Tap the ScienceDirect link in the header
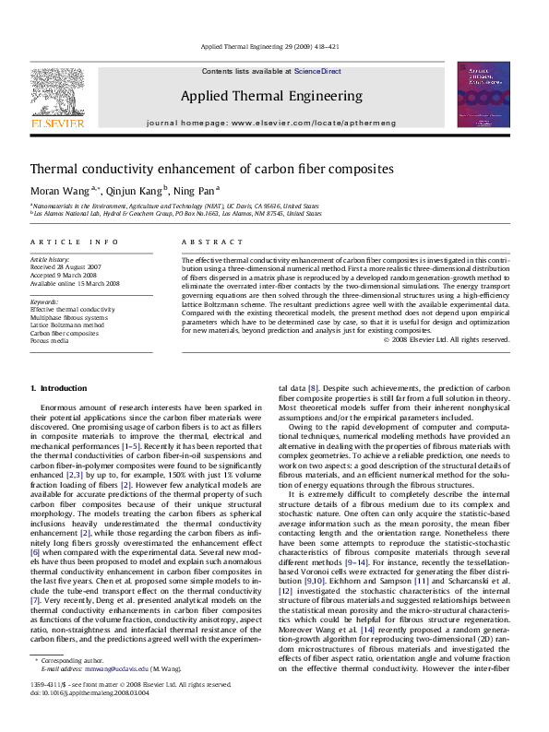point(317,71)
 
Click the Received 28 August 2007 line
point(69,268)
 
